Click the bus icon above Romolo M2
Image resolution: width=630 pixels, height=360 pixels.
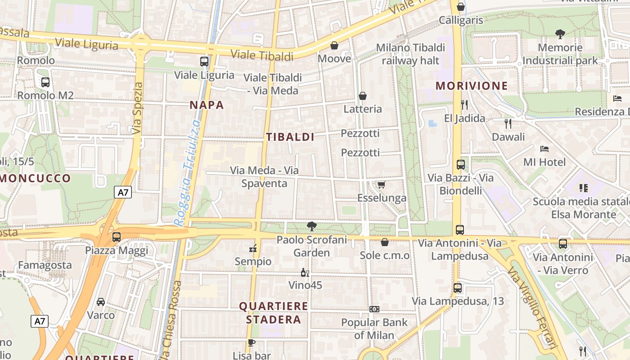click(x=45, y=82)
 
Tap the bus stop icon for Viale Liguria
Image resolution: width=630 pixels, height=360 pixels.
click(x=204, y=62)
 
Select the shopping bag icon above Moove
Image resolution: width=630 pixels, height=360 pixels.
click(x=334, y=45)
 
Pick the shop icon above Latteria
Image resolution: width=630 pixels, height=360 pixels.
click(x=362, y=96)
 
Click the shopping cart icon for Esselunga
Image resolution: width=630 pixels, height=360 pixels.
click(x=382, y=184)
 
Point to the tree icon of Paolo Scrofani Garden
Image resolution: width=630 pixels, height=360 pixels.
click(x=311, y=226)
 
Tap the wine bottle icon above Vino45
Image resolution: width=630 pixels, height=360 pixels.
click(x=305, y=272)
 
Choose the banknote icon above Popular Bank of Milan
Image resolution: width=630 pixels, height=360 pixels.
click(x=374, y=309)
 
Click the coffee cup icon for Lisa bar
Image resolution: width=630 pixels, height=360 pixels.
click(x=252, y=342)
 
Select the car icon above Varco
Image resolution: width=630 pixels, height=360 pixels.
click(x=101, y=302)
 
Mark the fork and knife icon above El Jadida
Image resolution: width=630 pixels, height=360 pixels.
click(x=464, y=105)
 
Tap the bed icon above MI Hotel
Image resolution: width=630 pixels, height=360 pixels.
click(x=544, y=148)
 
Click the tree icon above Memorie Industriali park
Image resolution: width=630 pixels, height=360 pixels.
click(x=560, y=34)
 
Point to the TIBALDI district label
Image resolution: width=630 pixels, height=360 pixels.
click(x=290, y=137)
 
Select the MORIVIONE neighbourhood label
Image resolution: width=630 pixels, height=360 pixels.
click(x=472, y=86)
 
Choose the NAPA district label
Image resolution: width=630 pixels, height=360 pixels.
click(x=207, y=105)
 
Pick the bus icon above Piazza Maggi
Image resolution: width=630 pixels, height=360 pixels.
click(x=117, y=237)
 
